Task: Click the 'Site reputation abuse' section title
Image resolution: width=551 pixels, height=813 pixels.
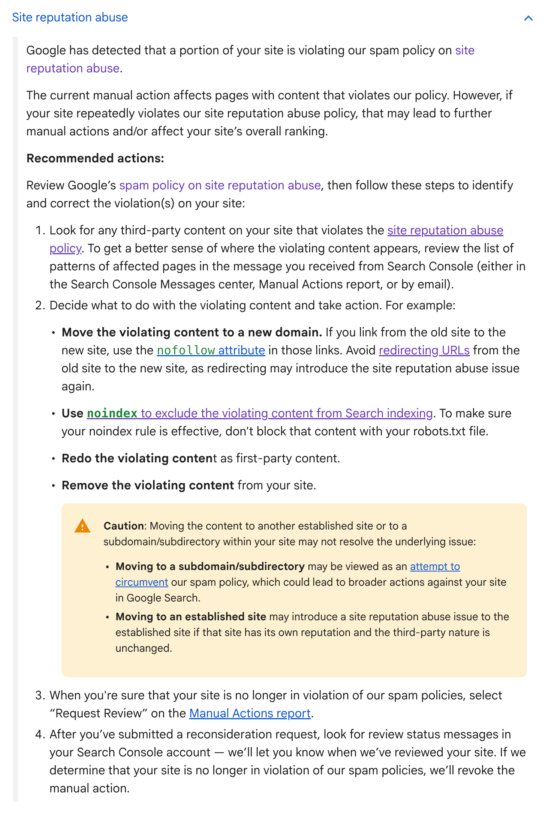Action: (x=70, y=18)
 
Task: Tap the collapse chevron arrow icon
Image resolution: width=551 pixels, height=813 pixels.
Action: (x=528, y=18)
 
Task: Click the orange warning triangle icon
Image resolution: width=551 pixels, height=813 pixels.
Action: (x=82, y=526)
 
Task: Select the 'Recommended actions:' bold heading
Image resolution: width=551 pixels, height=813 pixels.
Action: (x=95, y=158)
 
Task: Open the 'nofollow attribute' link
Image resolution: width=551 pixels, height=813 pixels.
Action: (x=211, y=350)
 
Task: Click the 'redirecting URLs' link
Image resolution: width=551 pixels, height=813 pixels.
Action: (x=424, y=350)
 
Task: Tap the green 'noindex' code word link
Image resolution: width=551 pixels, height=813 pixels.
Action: (x=112, y=413)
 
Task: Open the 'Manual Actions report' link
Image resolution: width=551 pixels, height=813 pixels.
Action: (x=250, y=713)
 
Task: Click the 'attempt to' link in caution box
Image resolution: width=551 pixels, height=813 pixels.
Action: (x=435, y=566)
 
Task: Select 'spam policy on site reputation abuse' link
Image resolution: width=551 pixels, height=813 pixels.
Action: (x=220, y=185)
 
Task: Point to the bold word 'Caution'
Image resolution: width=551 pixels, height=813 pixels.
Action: (x=124, y=526)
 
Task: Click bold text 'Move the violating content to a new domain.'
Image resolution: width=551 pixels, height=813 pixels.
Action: (x=192, y=332)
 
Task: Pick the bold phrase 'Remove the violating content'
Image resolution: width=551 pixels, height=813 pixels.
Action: (x=148, y=485)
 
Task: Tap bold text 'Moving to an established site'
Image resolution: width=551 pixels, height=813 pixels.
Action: (x=191, y=616)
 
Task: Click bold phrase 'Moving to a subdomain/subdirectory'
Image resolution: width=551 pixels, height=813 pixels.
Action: (x=210, y=566)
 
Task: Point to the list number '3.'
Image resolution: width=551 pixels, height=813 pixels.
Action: (x=40, y=695)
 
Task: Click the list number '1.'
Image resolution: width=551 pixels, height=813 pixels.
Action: (x=40, y=230)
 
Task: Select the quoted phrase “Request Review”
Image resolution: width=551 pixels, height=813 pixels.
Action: (x=99, y=713)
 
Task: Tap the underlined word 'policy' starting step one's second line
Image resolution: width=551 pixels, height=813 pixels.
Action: (x=65, y=248)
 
